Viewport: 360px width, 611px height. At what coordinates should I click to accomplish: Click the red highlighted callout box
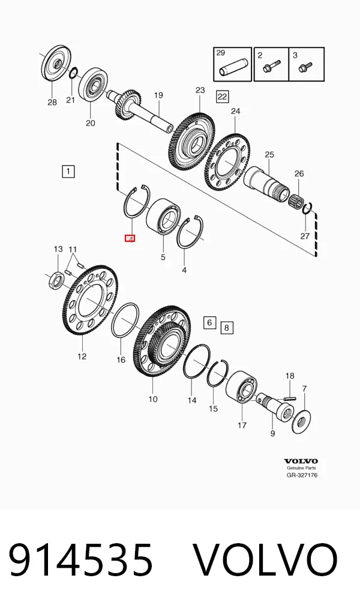point(130,238)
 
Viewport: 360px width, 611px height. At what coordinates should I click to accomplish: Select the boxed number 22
point(222,96)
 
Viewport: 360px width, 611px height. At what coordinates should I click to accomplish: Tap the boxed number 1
point(68,171)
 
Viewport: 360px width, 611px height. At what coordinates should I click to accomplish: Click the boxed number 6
point(209,322)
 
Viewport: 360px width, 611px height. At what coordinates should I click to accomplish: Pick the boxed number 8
point(227,328)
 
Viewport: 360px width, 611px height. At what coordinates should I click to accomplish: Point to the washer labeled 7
point(301,421)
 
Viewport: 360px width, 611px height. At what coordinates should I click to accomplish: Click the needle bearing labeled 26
point(296,198)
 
